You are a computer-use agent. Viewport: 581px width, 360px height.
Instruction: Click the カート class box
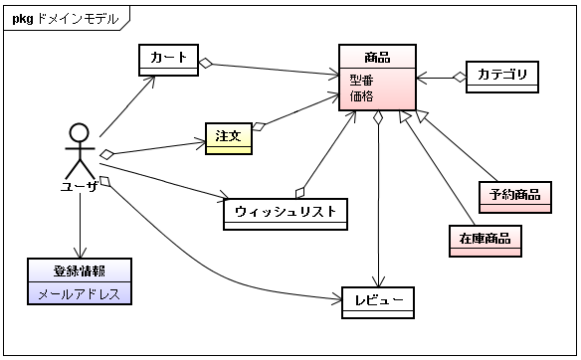tap(168, 60)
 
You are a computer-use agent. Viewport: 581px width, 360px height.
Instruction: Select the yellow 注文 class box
tap(229, 138)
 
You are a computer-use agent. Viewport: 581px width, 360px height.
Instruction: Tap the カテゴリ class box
tap(502, 77)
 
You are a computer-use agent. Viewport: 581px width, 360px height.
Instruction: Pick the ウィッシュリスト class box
tap(286, 214)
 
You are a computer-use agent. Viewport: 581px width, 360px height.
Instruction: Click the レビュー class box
tap(378, 302)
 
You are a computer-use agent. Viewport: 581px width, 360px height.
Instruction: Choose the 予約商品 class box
tap(515, 198)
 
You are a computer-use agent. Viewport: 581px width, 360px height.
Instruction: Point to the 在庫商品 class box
tap(485, 241)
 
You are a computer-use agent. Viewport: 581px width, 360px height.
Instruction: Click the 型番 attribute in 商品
tap(361, 80)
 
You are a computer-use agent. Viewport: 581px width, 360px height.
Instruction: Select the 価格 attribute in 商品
tap(361, 96)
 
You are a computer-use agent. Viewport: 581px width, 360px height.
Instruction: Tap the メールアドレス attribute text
tap(80, 294)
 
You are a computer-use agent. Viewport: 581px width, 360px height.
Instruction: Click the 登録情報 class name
tap(80, 271)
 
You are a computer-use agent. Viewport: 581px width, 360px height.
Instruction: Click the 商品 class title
tap(377, 58)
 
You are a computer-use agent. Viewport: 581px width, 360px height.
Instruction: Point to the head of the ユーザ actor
tap(80, 132)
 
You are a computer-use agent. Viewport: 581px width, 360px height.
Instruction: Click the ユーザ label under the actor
tap(80, 186)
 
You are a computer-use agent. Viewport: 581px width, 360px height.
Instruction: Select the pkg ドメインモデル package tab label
tap(66, 19)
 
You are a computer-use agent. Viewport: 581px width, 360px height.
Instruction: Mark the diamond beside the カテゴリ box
tap(460, 78)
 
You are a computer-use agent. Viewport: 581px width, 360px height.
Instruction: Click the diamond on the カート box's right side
tap(206, 64)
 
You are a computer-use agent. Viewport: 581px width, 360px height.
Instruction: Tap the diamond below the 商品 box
tap(378, 117)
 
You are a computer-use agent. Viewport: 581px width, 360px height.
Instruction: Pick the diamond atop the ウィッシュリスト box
tap(299, 193)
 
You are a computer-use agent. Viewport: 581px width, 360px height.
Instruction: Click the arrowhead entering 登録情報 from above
tap(80, 253)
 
